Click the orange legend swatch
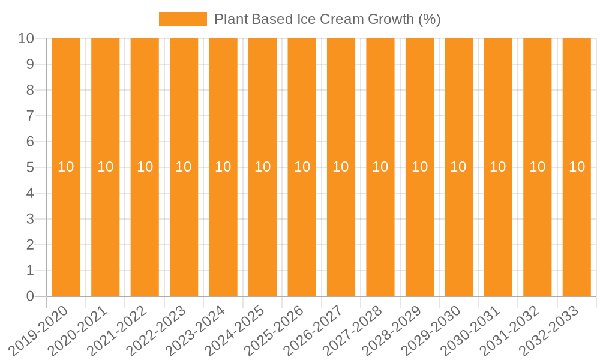pos(182,19)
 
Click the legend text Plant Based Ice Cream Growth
pos(327,19)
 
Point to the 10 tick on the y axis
pos(26,38)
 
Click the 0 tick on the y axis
pos(30,296)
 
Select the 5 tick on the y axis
pos(30,167)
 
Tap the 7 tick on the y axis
pos(30,116)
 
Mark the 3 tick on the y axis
pos(30,219)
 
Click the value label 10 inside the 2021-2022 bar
pos(145,167)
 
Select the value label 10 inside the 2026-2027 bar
pos(341,167)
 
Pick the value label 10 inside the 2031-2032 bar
pos(537,167)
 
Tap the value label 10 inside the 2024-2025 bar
pos(262,167)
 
